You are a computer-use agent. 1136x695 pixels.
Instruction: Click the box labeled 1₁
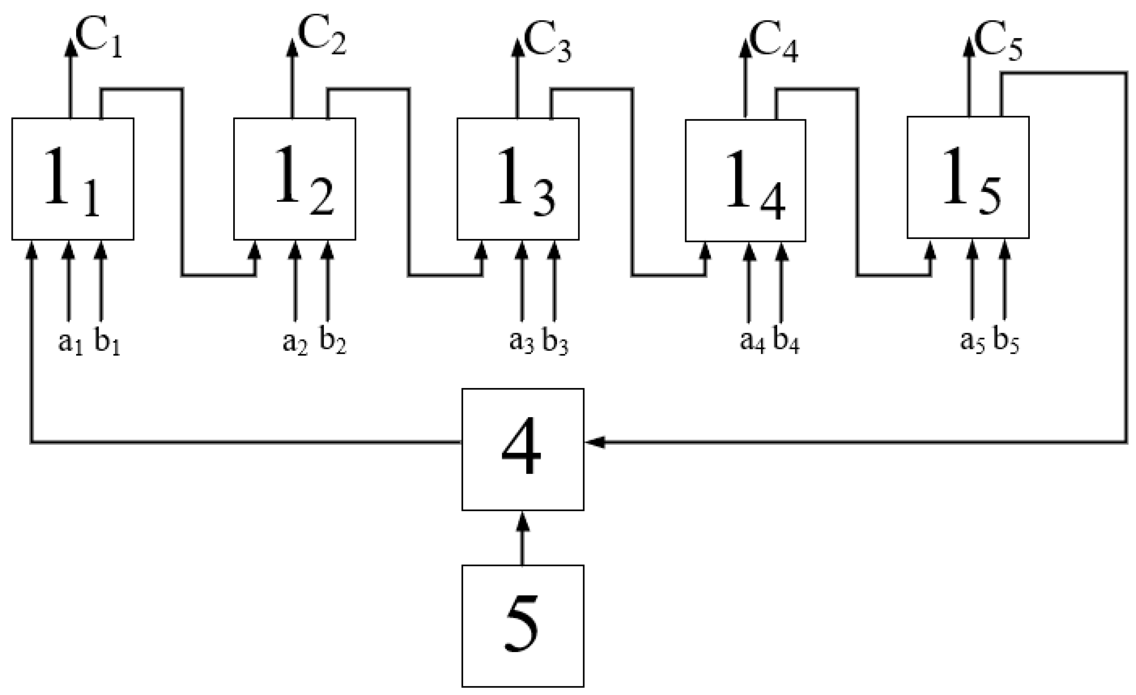(x=73, y=179)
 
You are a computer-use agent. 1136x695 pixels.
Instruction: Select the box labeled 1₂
(x=295, y=179)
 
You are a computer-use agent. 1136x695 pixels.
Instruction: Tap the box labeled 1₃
(x=518, y=179)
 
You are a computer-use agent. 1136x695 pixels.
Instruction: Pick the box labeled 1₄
(x=745, y=180)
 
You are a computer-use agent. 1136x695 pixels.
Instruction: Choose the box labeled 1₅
(x=968, y=177)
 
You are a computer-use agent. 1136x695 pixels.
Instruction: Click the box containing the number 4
(x=523, y=449)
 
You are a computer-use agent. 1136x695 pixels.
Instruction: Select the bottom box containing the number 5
(x=523, y=626)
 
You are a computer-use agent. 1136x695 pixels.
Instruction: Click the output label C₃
(x=548, y=43)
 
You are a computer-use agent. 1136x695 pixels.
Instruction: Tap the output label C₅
(x=998, y=43)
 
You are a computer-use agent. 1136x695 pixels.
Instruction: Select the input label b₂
(x=333, y=341)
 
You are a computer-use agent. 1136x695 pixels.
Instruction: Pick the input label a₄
(x=752, y=341)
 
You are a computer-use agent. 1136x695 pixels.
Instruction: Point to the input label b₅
(x=1006, y=340)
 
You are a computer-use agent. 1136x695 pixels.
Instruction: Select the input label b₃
(x=555, y=341)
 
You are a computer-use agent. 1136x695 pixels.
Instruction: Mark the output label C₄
(x=774, y=42)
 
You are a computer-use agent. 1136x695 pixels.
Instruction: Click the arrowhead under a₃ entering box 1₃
(x=522, y=250)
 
